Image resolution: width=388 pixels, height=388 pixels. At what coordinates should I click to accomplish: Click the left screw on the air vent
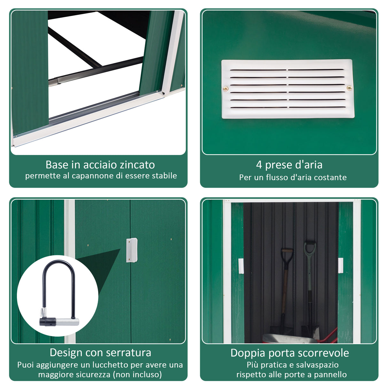pyautogui.click(x=226, y=89)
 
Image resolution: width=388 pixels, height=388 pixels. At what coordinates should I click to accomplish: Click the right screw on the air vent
pyautogui.click(x=349, y=88)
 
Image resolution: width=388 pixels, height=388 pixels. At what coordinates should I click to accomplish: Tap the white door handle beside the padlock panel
pyautogui.click(x=131, y=250)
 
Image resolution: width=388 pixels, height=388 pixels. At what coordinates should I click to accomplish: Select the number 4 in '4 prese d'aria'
pyautogui.click(x=259, y=165)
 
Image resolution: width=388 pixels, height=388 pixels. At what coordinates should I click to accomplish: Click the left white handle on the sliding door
pyautogui.click(x=241, y=266)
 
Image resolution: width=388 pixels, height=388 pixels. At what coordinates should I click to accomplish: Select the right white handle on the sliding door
pyautogui.click(x=340, y=265)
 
